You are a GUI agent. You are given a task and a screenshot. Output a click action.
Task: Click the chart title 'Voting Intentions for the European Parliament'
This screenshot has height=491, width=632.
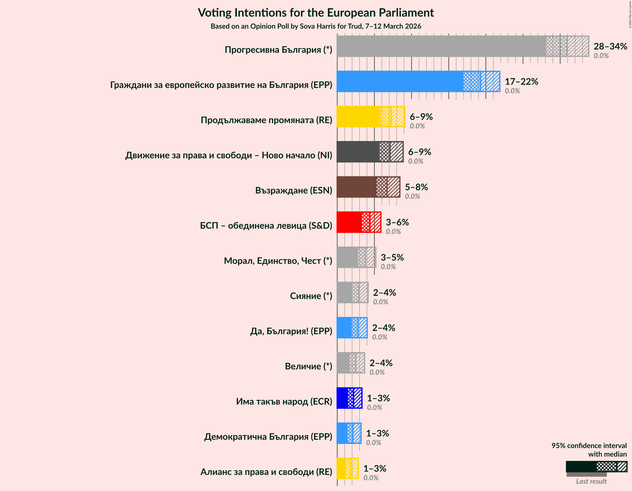(x=316, y=13)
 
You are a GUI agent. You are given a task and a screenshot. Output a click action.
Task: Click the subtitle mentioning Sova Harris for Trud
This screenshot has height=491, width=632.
(x=316, y=26)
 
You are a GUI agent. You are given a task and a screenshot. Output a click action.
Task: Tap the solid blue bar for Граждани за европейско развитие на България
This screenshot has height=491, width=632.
(x=400, y=82)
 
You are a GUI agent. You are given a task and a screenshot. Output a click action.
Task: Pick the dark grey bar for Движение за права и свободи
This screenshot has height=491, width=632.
(x=358, y=152)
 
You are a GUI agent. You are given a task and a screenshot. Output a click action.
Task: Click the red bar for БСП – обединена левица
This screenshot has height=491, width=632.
(x=349, y=222)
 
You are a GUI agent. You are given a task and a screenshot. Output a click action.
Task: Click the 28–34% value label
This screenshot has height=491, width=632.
(x=610, y=46)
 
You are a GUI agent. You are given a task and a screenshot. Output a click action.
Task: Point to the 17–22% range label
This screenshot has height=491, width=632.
(x=521, y=82)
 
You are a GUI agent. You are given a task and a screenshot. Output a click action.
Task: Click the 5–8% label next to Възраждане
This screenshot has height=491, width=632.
(x=416, y=187)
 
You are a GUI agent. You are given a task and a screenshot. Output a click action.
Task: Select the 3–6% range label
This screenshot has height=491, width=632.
(x=397, y=222)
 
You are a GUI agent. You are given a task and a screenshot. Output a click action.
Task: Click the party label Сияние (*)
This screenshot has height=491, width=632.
(x=311, y=296)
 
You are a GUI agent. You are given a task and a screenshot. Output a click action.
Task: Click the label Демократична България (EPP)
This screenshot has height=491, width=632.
(x=268, y=436)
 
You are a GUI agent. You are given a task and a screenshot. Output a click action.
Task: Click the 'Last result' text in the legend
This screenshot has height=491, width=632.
(x=591, y=481)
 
